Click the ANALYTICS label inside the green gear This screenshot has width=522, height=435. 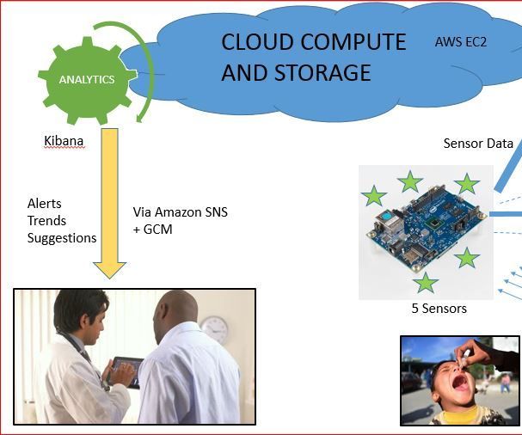pyautogui.click(x=86, y=80)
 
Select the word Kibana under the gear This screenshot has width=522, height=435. pyautogui.click(x=64, y=140)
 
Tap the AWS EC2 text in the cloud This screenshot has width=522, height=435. pyautogui.click(x=461, y=40)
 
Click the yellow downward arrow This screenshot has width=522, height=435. pyautogui.click(x=109, y=206)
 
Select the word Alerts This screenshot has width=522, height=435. pyautogui.click(x=45, y=204)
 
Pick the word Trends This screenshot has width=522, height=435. pyautogui.click(x=46, y=221)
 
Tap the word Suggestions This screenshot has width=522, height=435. pyautogui.click(x=62, y=238)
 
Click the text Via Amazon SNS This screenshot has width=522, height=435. pyautogui.click(x=181, y=211)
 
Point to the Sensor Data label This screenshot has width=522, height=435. pyautogui.click(x=478, y=144)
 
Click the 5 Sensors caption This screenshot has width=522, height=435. pyautogui.click(x=439, y=308)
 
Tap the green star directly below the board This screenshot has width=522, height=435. pyautogui.click(x=425, y=282)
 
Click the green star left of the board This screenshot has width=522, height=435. pyautogui.click(x=373, y=197)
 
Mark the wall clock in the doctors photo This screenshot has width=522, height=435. pyautogui.click(x=214, y=329)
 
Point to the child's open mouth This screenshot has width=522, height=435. pyautogui.click(x=461, y=384)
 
